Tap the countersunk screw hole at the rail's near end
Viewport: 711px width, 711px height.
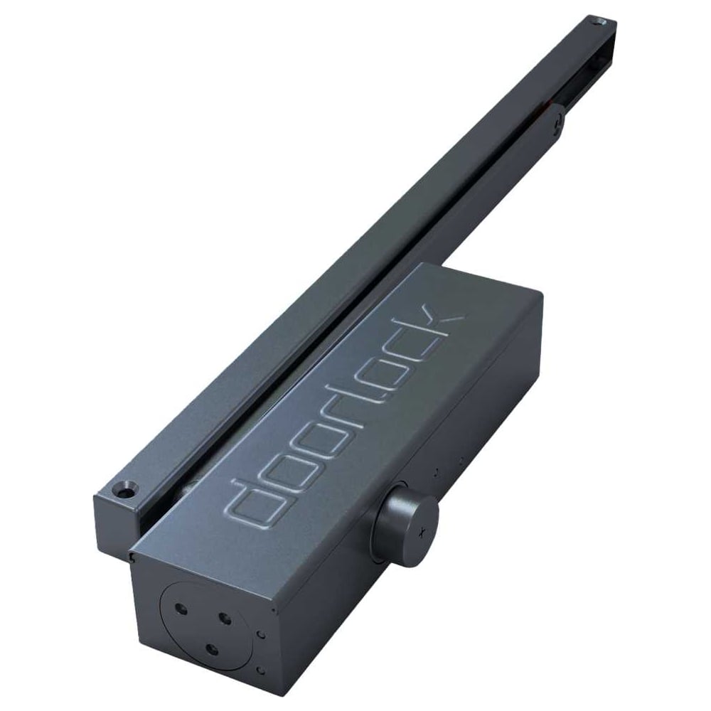point(128,490)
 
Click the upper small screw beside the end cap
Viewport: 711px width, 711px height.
point(262,633)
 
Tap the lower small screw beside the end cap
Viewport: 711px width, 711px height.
point(261,669)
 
